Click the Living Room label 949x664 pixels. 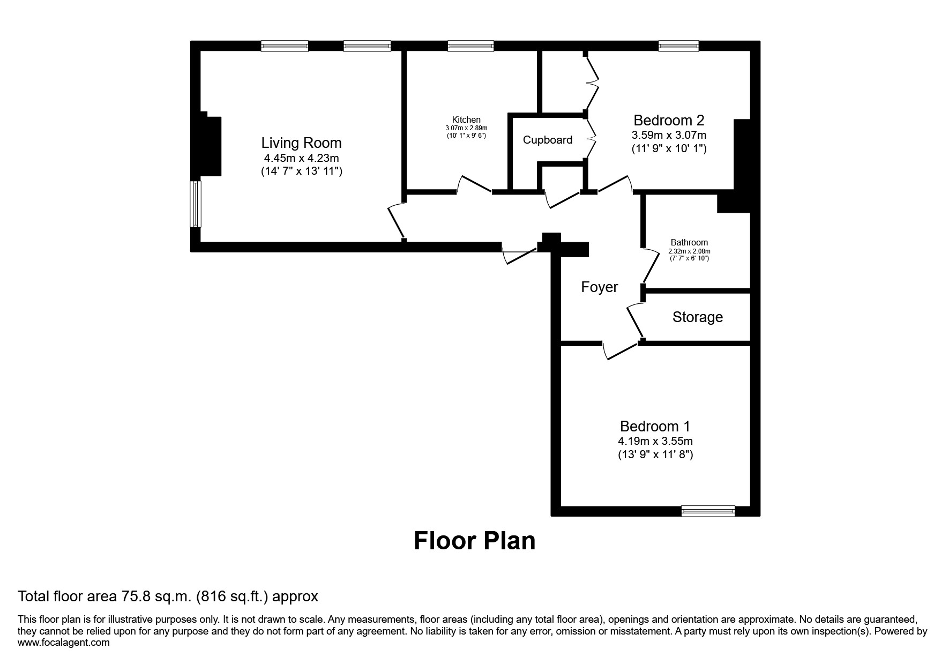pyautogui.click(x=301, y=143)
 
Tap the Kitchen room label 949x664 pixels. pyautogui.click(x=466, y=120)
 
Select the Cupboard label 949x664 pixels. pyautogui.click(x=548, y=140)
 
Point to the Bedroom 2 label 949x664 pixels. pyautogui.click(x=669, y=120)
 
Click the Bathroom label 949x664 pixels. pyautogui.click(x=689, y=242)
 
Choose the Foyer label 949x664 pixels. pyautogui.click(x=600, y=287)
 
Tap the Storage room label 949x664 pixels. pyautogui.click(x=698, y=317)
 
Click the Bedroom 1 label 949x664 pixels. pyautogui.click(x=655, y=427)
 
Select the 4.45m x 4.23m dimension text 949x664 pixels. pyautogui.click(x=301, y=158)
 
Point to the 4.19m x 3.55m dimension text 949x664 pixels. pyautogui.click(x=655, y=441)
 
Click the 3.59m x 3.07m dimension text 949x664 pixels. pyautogui.click(x=669, y=135)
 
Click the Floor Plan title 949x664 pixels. pyautogui.click(x=474, y=541)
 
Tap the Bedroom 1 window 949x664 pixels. pyautogui.click(x=708, y=511)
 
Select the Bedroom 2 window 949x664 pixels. pyautogui.click(x=678, y=46)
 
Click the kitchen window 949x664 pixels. pyautogui.click(x=470, y=46)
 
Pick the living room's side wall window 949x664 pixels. pyautogui.click(x=196, y=204)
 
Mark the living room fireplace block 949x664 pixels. pyautogui.click(x=211, y=146)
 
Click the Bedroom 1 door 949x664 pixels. pyautogui.click(x=621, y=352)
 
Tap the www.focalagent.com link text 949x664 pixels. pyautogui.click(x=63, y=643)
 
